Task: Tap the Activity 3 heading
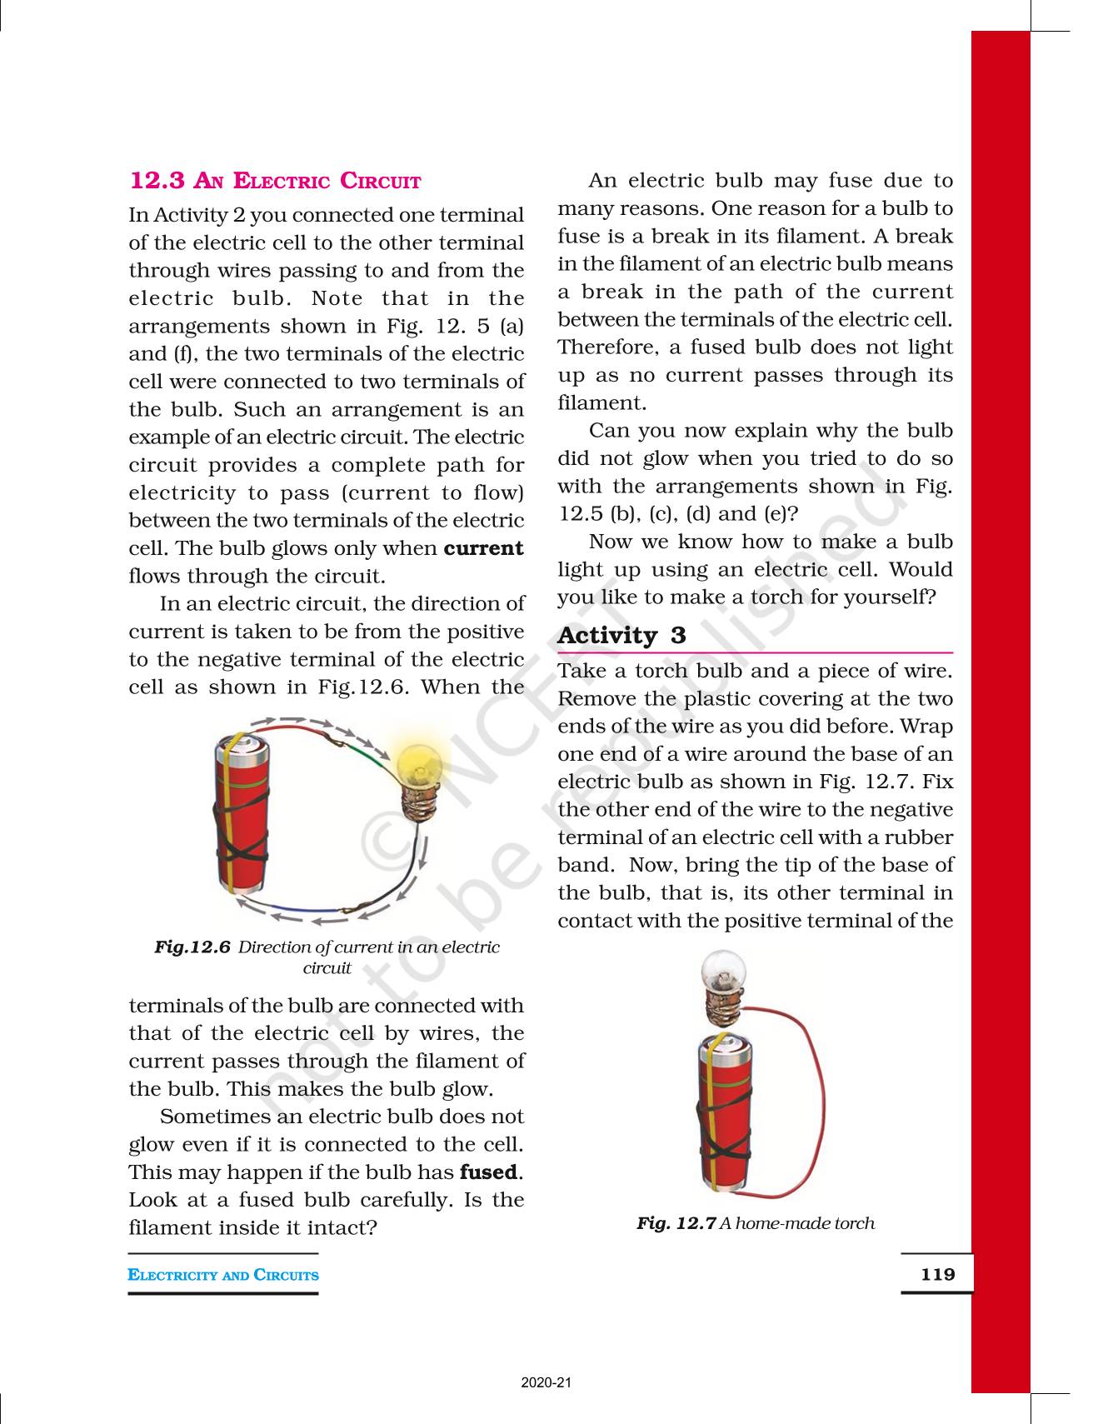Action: [621, 636]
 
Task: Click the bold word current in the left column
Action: [483, 548]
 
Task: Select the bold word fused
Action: [489, 1172]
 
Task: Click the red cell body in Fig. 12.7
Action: [723, 1117]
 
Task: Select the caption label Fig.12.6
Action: [192, 947]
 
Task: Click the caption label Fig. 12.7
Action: [676, 1223]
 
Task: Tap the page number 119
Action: [937, 1274]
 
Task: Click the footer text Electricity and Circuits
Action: [223, 1275]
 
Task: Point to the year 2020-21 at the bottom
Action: [546, 1383]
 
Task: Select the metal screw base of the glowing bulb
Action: [417, 805]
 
